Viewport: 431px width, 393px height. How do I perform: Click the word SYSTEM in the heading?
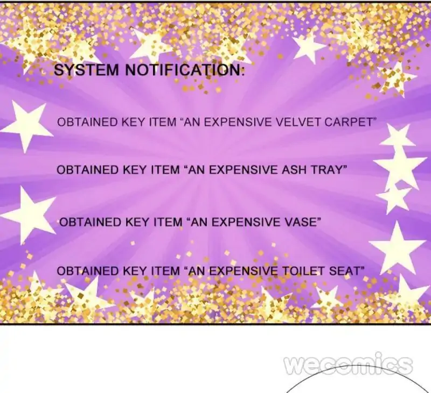click(86, 70)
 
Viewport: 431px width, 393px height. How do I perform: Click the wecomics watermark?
click(348, 364)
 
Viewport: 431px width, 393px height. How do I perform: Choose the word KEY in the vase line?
click(137, 222)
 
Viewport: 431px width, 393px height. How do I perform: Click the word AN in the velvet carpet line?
click(192, 122)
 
